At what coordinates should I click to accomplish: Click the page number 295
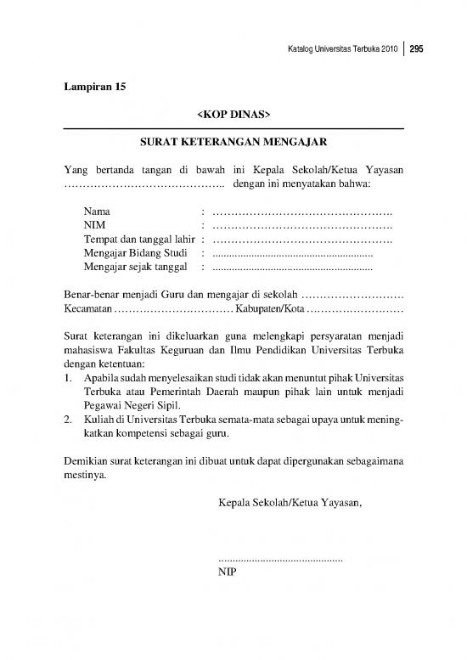coord(417,49)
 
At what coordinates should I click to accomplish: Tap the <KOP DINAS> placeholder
coord(233,113)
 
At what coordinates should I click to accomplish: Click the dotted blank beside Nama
coord(301,211)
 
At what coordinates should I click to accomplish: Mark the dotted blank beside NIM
coord(301,225)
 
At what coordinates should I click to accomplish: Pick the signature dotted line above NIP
coord(280,560)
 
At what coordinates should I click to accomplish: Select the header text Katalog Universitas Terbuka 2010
coord(340,49)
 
